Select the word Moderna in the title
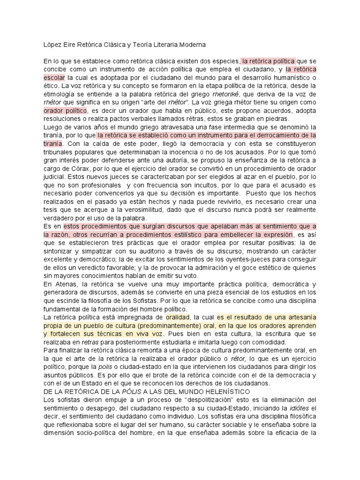point(189,45)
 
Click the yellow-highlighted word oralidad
point(175,317)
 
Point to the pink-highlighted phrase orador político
point(65,111)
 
